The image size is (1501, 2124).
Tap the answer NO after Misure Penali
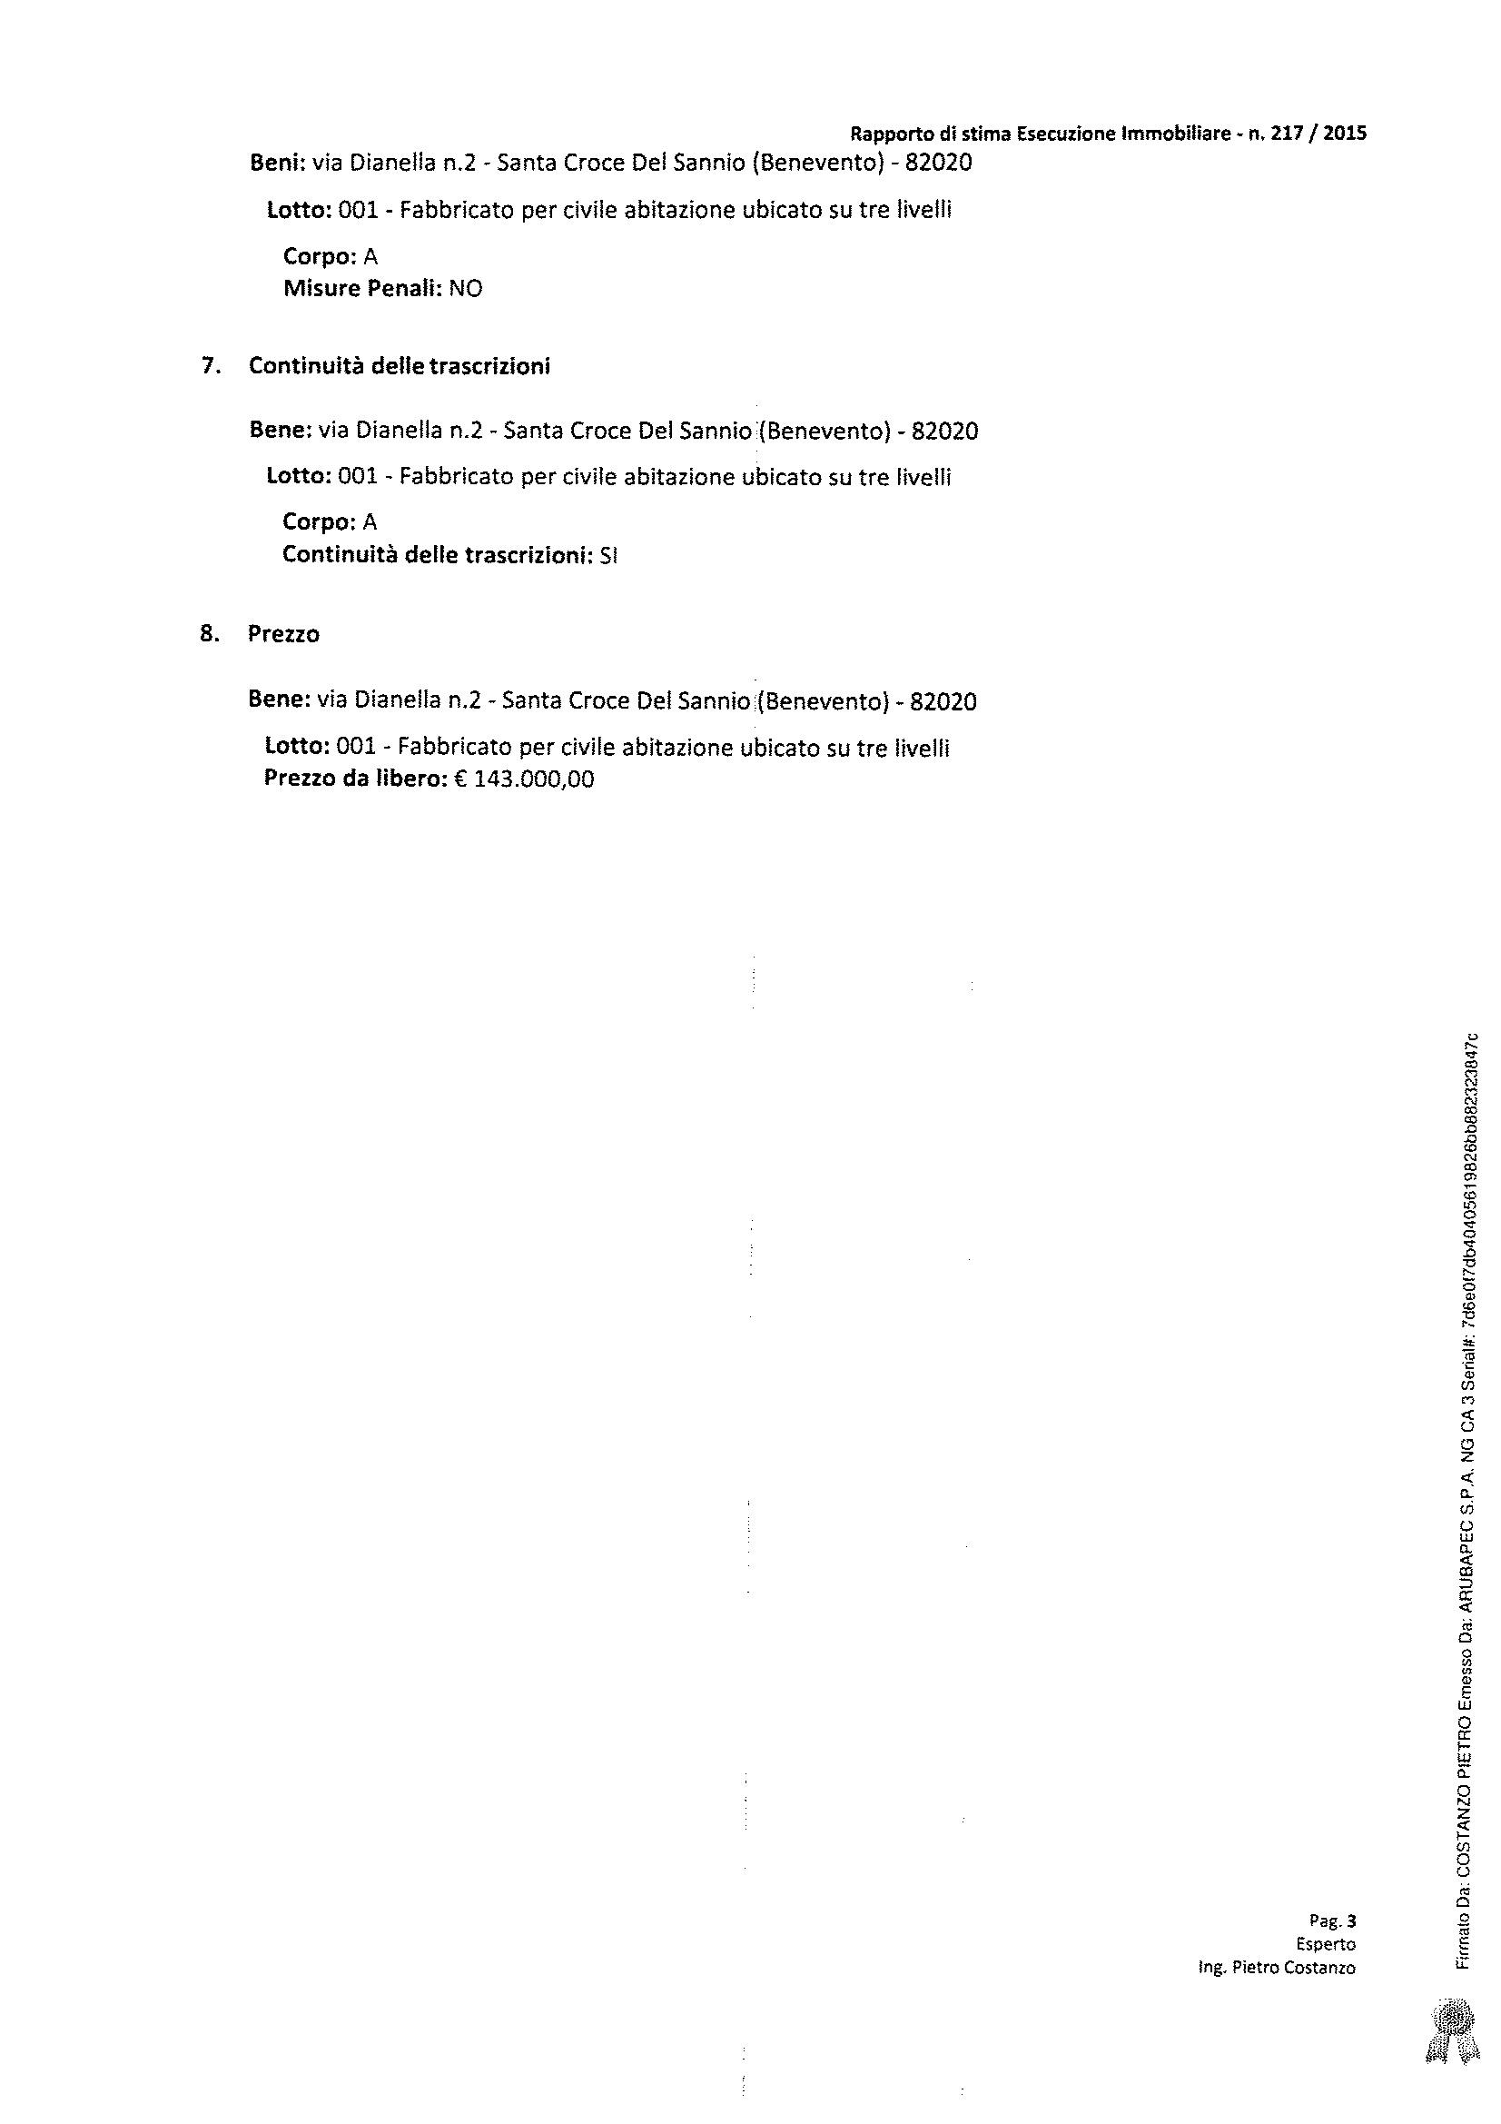[x=465, y=289]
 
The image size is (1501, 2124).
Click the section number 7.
[x=210, y=366]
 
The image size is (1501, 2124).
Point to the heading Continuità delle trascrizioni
[x=400, y=366]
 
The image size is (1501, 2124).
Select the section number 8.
[x=208, y=635]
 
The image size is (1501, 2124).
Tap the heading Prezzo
[x=284, y=635]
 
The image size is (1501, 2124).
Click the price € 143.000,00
[x=524, y=779]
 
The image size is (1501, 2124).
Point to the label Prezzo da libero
[x=356, y=779]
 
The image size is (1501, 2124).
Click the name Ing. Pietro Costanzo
[x=1277, y=1968]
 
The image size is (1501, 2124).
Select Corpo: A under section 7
[x=330, y=522]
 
